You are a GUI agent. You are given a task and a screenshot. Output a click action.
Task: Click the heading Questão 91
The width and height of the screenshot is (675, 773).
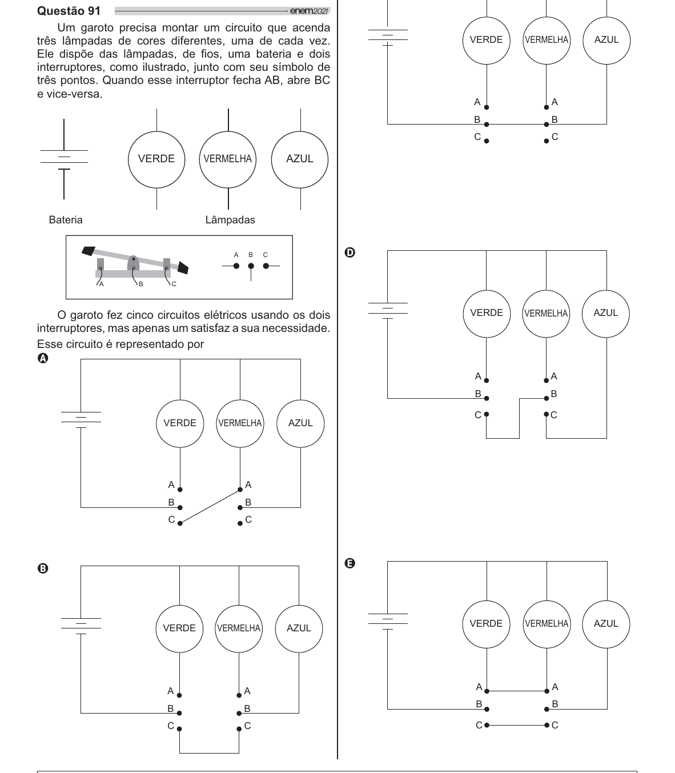[69, 11]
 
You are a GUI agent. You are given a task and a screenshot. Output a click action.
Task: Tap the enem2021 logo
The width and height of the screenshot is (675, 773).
[309, 11]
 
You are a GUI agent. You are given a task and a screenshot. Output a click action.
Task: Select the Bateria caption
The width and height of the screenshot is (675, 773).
[66, 220]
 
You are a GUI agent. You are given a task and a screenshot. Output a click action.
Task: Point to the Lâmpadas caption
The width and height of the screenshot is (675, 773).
[230, 220]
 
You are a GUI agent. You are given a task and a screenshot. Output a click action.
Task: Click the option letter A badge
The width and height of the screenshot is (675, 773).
[43, 358]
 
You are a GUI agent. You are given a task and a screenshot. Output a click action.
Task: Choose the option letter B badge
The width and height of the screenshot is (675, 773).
[43, 568]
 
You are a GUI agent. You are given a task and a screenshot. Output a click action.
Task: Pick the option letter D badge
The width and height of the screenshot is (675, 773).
[350, 253]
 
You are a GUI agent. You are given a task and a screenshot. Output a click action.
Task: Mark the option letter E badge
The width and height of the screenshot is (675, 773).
[350, 564]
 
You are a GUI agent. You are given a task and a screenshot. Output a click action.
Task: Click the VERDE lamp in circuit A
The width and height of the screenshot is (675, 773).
[180, 423]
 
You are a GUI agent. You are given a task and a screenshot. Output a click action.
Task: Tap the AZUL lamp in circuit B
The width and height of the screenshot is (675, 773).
[299, 628]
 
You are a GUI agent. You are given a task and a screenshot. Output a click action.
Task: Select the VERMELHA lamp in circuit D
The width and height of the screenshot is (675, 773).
[547, 314]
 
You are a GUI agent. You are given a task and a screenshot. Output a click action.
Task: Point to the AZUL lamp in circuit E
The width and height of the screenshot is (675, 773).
[606, 624]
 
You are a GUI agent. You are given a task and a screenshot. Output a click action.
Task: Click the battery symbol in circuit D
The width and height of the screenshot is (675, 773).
[388, 311]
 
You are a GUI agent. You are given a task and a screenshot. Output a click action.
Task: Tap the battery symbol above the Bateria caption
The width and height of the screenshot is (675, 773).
[64, 159]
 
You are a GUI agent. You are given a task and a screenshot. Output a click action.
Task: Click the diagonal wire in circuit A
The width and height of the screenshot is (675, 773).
[210, 507]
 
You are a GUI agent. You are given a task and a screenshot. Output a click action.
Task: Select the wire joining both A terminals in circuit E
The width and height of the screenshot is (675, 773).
[517, 691]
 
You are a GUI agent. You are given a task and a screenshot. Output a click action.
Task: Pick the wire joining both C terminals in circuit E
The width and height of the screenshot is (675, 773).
[517, 725]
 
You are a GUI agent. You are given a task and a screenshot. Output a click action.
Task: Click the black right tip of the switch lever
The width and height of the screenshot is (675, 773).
[183, 267]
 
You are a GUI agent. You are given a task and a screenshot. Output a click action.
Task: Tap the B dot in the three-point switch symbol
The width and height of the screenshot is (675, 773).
[251, 266]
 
